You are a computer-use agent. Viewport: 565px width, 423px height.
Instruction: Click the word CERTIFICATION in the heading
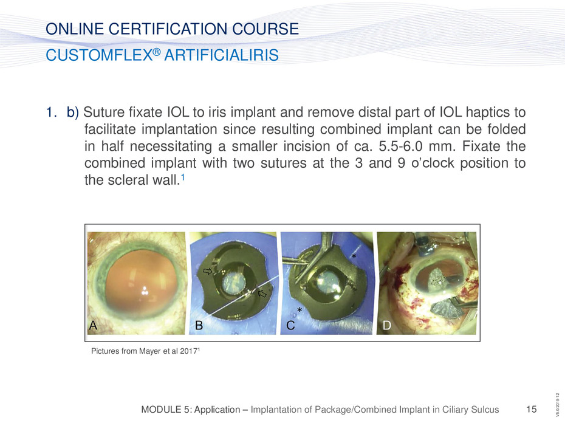tap(168, 29)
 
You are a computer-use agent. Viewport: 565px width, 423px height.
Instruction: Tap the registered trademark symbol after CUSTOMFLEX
tap(156, 52)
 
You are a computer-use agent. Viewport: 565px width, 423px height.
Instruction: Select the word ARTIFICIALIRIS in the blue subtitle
tap(221, 55)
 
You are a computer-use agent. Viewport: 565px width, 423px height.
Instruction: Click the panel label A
tap(93, 325)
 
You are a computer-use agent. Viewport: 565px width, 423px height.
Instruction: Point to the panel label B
tap(199, 325)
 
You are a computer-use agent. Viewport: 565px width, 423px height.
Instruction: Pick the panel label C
tap(290, 325)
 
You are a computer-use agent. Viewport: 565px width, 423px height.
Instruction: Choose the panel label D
tap(386, 325)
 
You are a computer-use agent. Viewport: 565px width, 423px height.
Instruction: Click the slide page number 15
tap(532, 409)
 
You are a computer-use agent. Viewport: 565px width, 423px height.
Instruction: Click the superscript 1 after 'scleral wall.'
tap(183, 177)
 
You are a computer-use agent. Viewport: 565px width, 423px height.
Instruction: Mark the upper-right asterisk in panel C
tap(354, 256)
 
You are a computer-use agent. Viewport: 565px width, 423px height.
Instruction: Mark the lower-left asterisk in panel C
tap(299, 310)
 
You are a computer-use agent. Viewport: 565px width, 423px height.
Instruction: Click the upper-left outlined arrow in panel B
tap(208, 271)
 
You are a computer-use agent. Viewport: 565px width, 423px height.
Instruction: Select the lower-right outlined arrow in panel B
tap(262, 294)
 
